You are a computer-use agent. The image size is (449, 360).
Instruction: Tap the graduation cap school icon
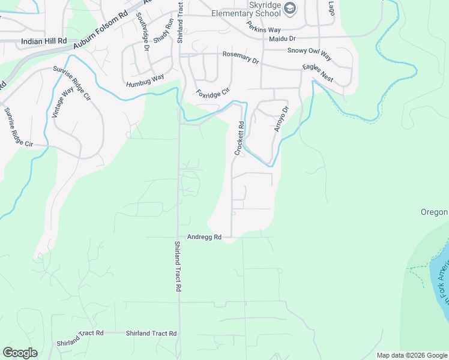point(289,8)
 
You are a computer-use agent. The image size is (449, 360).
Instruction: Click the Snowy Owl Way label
point(309,53)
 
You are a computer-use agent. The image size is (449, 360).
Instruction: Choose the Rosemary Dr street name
point(241,58)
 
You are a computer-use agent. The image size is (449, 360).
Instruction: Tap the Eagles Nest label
point(318,74)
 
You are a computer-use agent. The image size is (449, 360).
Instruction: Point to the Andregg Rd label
point(205,237)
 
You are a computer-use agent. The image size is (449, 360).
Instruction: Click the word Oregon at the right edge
point(434,212)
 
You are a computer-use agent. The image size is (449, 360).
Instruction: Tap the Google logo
point(20,353)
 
